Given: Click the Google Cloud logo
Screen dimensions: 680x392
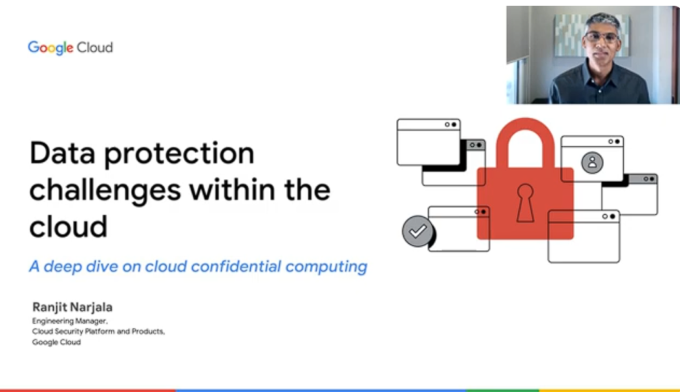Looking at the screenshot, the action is [x=70, y=48].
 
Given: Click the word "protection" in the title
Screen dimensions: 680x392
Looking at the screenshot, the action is [x=179, y=154].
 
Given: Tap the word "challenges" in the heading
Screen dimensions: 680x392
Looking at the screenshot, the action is [x=105, y=191].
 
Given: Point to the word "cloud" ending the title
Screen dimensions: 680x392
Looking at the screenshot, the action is [x=68, y=226].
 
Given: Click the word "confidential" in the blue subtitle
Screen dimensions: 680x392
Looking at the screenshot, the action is [x=236, y=266].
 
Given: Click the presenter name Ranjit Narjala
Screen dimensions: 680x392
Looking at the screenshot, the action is [x=72, y=307].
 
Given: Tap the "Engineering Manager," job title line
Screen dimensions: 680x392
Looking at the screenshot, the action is [x=70, y=321].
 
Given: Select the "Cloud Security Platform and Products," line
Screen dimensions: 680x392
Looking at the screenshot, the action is [x=98, y=332].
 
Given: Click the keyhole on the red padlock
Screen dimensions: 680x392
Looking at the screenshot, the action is [x=525, y=202].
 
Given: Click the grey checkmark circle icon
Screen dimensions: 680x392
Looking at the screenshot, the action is [x=418, y=232].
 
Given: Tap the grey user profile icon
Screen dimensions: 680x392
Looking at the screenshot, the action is [x=592, y=163].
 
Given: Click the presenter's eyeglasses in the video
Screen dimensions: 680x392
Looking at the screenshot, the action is [x=602, y=38].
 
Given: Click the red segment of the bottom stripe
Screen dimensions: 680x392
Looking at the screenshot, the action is [x=88, y=390].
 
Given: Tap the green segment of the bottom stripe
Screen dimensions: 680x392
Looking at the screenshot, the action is [x=503, y=390].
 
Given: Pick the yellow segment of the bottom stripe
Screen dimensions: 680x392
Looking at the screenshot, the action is [x=610, y=390].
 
